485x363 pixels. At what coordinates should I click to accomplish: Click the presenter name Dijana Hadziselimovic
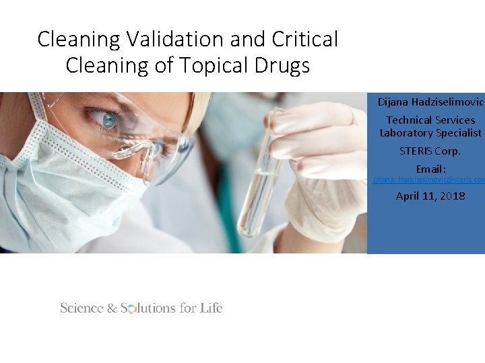(430, 102)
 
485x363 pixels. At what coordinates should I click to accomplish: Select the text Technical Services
(430, 120)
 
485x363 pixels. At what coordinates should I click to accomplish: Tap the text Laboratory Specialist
(430, 132)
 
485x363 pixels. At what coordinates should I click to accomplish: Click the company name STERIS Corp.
(430, 151)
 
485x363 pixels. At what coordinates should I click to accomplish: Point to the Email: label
(430, 169)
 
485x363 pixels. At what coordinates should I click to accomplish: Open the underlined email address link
(429, 180)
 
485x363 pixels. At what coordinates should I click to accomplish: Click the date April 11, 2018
(430, 196)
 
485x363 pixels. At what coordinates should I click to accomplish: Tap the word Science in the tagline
(81, 308)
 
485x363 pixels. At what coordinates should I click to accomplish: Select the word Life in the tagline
(211, 308)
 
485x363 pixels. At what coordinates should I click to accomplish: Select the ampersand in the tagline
(111, 309)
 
